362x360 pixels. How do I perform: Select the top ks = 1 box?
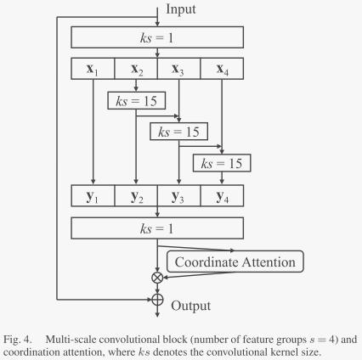156,37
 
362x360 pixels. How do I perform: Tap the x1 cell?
93,69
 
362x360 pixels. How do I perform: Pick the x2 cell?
136,69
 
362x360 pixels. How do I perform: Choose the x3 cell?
178,69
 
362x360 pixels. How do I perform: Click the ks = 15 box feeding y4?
221,162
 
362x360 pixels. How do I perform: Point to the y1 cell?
93,197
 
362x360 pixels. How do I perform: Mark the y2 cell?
136,197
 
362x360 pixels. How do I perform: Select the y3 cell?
178,197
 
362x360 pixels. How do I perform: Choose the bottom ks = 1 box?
156,228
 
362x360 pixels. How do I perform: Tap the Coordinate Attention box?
235,262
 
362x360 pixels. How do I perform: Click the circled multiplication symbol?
156,277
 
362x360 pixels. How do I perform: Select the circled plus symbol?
156,298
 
